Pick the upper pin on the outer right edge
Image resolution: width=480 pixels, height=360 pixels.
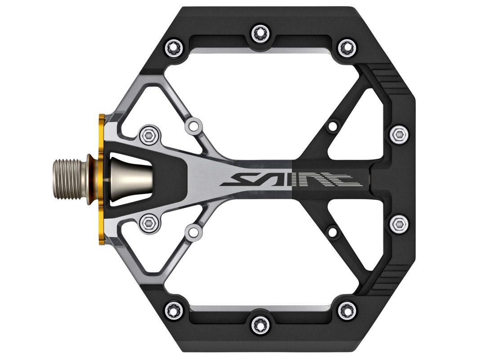pos(397,133)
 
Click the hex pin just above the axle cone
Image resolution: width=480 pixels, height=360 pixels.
pos(149,134)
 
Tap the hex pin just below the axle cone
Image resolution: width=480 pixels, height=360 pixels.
pos(149,221)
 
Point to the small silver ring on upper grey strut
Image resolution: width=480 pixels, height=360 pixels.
pos(194,124)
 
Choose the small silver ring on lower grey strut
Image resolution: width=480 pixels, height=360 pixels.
pos(194,232)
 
